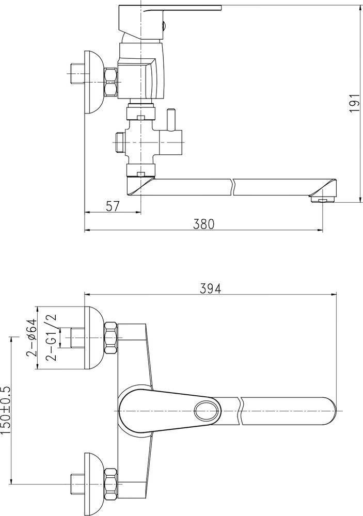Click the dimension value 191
tap(354, 103)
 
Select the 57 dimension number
tap(113, 206)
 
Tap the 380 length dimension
tap(203, 224)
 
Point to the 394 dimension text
tap(211, 288)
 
